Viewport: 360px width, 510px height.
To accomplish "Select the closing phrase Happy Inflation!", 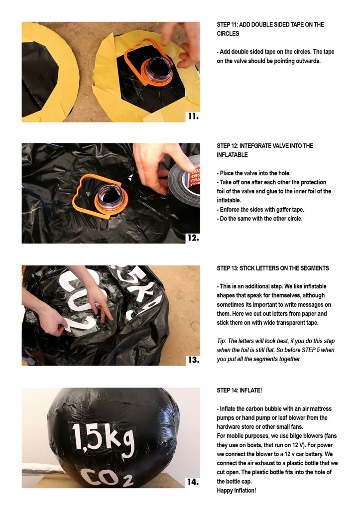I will pos(237,491).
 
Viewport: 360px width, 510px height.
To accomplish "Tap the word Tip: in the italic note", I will pos(222,341).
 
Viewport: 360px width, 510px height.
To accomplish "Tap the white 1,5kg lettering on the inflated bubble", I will pos(103,440).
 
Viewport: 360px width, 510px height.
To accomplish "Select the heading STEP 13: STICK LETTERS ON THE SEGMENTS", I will pos(273,268).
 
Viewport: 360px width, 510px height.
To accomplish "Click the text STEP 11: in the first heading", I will pos(228,24).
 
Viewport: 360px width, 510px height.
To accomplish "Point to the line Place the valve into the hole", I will pos(253,173).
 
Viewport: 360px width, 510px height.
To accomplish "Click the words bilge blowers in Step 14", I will pos(299,436).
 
